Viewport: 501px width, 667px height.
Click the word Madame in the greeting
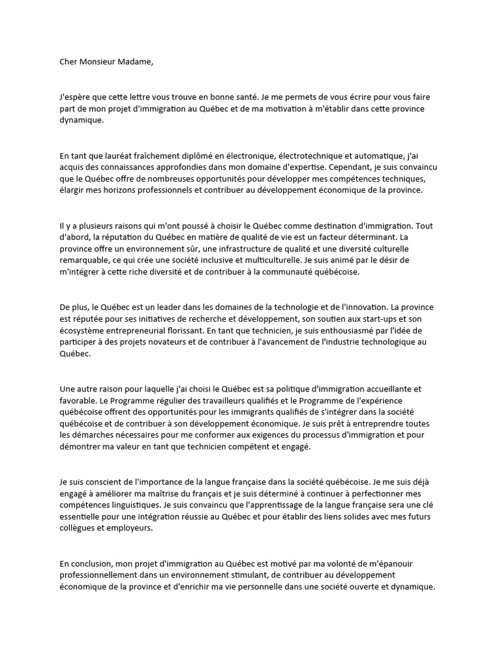pos(138,63)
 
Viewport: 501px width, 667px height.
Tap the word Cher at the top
pos(68,63)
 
